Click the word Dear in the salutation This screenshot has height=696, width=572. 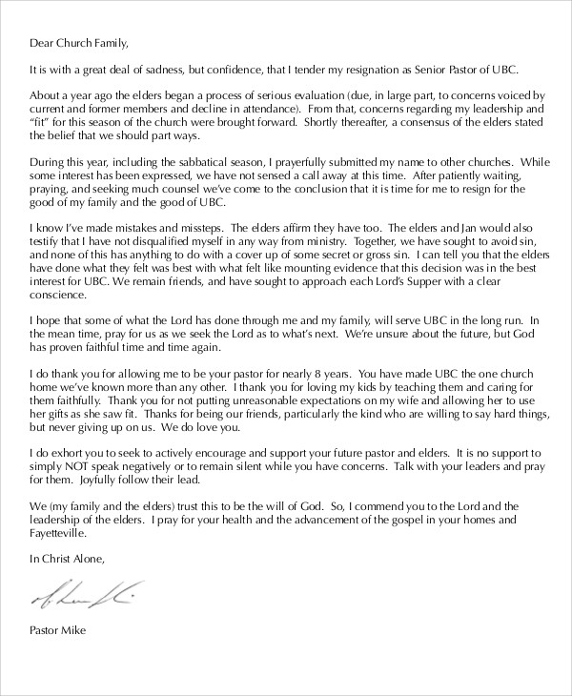point(44,44)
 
